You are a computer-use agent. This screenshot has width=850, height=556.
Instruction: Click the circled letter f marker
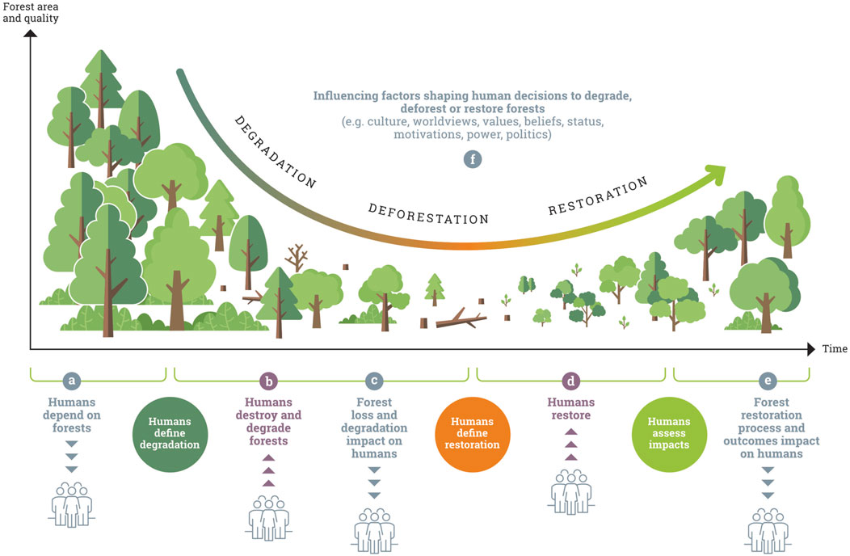click(x=472, y=159)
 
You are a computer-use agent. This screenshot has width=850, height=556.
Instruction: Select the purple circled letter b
click(x=270, y=381)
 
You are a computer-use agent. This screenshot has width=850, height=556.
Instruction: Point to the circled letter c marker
click(x=373, y=381)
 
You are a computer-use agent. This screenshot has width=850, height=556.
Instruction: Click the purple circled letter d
click(x=570, y=381)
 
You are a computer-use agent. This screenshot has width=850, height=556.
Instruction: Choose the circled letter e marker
click(x=768, y=381)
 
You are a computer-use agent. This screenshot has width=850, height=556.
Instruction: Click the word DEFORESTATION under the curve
click(x=429, y=214)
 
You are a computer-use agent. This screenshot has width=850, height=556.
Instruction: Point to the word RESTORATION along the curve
click(x=598, y=196)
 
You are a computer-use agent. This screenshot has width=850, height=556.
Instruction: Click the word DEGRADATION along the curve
click(x=275, y=152)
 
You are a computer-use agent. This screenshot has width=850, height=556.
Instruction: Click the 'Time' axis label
click(x=835, y=349)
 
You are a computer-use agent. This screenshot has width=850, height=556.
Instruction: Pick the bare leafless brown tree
click(x=297, y=257)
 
